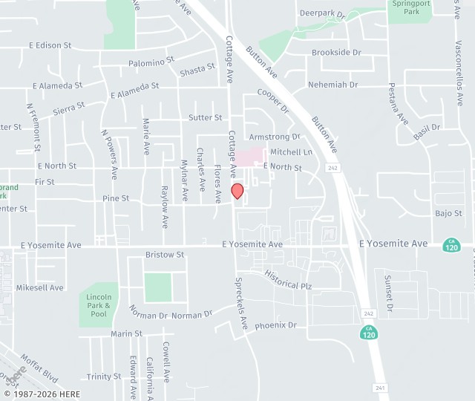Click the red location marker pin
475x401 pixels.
[237, 191]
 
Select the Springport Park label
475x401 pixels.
[410, 7]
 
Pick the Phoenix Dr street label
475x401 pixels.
[275, 325]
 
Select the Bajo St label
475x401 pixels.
[448, 214]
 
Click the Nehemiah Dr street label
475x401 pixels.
[332, 85]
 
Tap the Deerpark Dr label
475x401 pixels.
[322, 13]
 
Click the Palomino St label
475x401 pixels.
[151, 61]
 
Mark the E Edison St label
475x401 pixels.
[50, 45]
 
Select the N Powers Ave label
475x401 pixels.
[109, 154]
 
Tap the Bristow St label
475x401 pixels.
[165, 255]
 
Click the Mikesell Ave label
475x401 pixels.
[40, 287]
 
